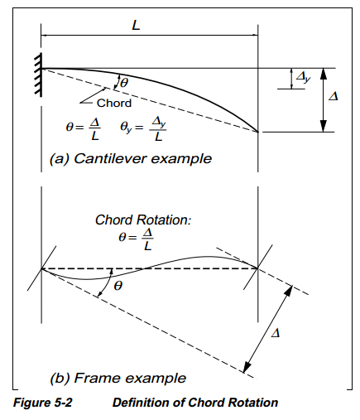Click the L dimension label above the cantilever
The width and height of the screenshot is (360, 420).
137,26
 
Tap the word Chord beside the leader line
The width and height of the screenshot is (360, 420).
114,104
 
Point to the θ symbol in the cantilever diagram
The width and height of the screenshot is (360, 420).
124,82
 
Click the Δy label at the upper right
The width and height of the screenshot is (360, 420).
303,77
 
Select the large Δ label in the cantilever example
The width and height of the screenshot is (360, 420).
334,96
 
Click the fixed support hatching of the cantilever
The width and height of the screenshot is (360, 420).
38,75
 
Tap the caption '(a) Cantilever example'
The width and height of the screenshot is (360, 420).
131,159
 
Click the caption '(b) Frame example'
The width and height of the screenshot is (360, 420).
118,378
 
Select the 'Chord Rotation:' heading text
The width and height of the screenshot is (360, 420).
143,220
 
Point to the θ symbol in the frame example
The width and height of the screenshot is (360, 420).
118,286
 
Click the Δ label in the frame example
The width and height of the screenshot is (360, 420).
276,333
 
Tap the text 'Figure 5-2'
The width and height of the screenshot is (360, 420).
43,403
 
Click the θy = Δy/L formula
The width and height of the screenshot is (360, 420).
143,128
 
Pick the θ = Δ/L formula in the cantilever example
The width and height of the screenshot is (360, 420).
83,129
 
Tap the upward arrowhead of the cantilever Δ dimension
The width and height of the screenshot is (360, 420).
324,74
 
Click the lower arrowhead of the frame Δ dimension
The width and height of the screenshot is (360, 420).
247,367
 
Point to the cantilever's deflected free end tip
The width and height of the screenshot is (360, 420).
257,132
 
